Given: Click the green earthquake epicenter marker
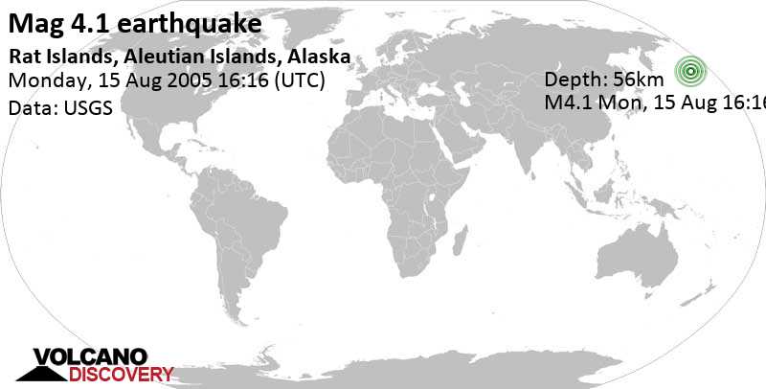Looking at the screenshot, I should (690, 71).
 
